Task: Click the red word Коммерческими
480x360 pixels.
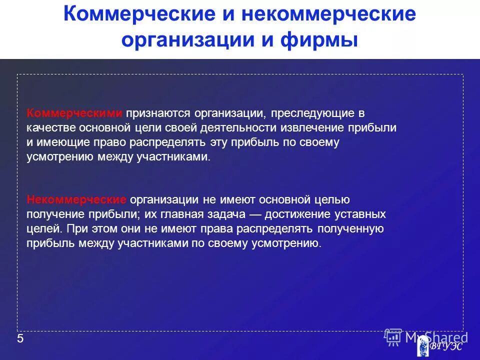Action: tap(74, 113)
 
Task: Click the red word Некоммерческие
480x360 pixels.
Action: tap(76, 199)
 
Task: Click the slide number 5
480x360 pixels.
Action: tap(20, 339)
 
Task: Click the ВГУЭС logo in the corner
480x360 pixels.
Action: tap(439, 345)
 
